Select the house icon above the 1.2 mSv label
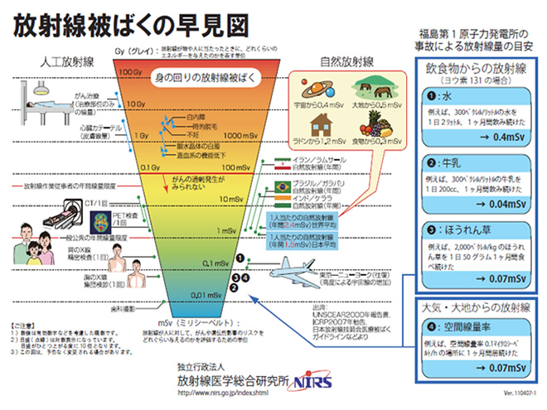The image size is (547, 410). click(310, 125)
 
